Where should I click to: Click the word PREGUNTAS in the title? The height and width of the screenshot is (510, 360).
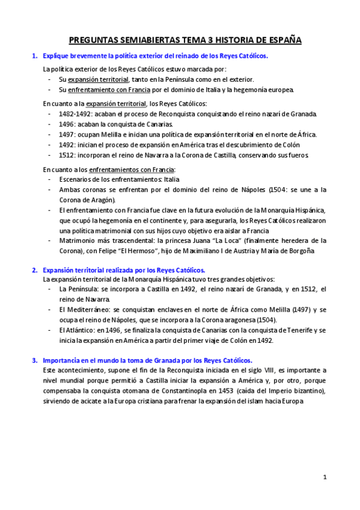[x=91, y=40]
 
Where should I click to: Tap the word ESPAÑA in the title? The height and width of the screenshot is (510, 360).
[x=282, y=40]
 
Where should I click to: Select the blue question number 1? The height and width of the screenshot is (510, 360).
[x=34, y=56]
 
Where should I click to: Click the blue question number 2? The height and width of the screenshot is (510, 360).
[x=34, y=270]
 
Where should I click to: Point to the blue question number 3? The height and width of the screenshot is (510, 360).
[x=34, y=360]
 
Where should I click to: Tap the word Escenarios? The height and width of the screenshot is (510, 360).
[x=76, y=179]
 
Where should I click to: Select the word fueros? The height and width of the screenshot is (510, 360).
[x=297, y=155]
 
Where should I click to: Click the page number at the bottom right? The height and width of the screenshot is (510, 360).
[x=325, y=478]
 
